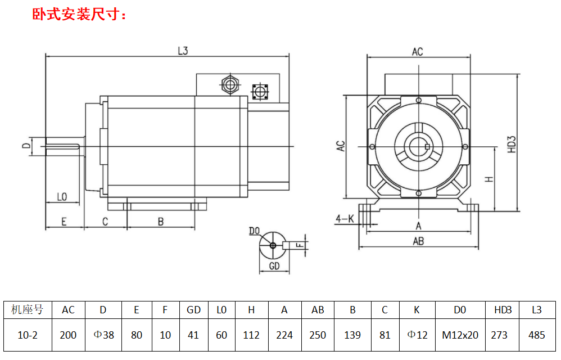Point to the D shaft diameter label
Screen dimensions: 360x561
(x=26, y=146)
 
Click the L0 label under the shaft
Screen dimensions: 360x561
(x=62, y=197)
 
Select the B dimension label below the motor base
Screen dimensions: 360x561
(x=160, y=222)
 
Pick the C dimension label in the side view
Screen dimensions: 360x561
(x=105, y=222)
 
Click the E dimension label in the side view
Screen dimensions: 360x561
(x=64, y=222)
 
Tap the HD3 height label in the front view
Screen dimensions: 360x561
(x=512, y=144)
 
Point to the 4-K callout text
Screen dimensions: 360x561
(x=344, y=218)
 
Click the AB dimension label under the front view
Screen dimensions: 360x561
(x=418, y=241)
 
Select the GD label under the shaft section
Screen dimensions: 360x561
(x=274, y=266)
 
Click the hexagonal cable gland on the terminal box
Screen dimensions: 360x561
(x=229, y=85)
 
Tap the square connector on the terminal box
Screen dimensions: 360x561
(x=260, y=91)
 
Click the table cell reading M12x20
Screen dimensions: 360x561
(x=460, y=335)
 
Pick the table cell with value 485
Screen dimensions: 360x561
(x=537, y=335)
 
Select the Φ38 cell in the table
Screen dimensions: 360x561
(x=103, y=335)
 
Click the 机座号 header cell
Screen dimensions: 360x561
(x=27, y=310)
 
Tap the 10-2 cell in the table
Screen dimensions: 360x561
(x=27, y=335)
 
